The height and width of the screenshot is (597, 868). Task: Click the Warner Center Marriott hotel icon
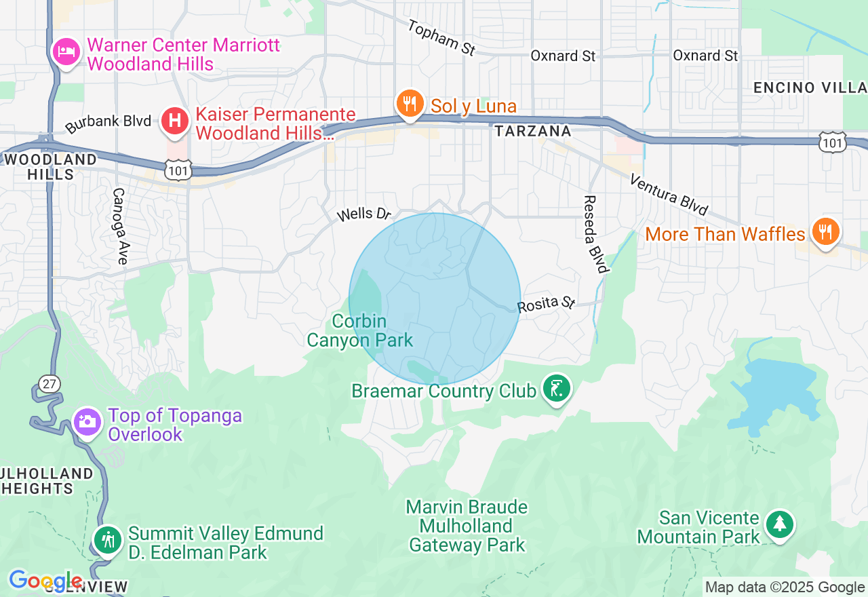66,52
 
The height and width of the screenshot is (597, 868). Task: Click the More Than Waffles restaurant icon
825,232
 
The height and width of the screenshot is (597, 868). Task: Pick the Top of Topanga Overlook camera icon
86,421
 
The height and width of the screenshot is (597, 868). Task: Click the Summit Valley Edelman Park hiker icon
108,540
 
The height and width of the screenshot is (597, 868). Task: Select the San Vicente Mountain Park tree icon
780,524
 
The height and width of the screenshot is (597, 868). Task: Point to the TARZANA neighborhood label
532,131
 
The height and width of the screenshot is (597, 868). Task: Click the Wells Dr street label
365,214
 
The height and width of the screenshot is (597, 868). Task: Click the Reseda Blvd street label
593,234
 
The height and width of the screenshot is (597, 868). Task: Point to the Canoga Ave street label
120,227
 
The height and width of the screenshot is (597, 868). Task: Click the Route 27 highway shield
47,383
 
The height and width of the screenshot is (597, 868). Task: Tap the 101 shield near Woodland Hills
178,170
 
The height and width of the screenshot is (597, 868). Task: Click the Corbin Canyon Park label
359,330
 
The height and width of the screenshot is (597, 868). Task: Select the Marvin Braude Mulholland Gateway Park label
467,526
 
